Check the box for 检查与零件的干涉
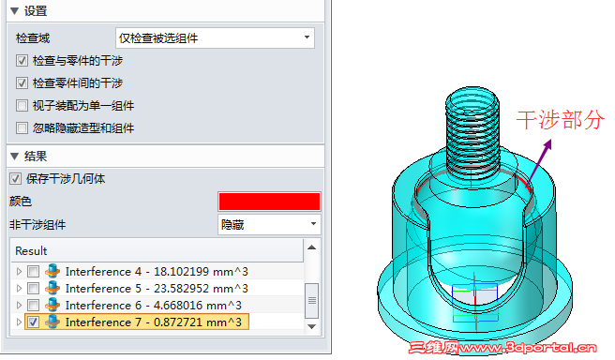pos(22,60)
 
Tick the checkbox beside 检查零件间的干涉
pos(22,82)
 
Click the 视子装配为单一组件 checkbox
pos(22,106)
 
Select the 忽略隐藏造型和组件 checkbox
pos(22,127)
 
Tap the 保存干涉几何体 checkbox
pos(15,179)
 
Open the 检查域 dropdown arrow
pos(307,37)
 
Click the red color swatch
pos(269,202)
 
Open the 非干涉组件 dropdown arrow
pos(313,224)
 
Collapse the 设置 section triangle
pos(14,11)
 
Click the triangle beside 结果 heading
pos(14,156)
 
